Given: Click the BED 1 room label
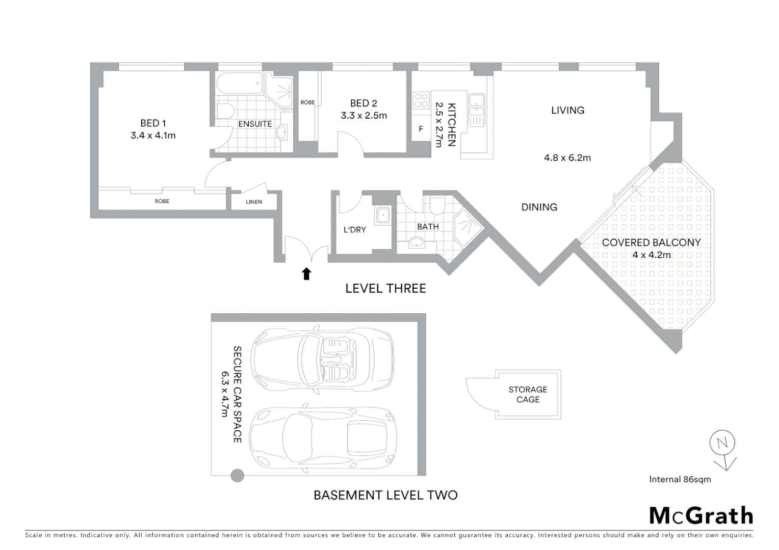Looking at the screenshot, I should (153, 123).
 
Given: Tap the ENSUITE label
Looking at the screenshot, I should (255, 124).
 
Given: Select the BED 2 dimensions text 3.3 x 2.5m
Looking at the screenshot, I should (363, 116).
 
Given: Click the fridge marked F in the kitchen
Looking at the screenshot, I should (421, 129).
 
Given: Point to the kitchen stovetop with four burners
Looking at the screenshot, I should (422, 100).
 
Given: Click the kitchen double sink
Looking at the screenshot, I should (477, 105).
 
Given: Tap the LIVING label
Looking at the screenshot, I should (567, 110).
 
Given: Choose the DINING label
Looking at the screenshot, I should (539, 207).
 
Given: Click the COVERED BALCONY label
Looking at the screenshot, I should (651, 242).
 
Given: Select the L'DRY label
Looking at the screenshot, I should (354, 230).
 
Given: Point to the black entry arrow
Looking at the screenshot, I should (306, 274).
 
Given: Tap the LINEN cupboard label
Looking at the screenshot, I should (254, 202).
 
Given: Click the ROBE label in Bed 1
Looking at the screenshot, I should (162, 201).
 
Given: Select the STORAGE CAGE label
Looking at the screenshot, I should (528, 394).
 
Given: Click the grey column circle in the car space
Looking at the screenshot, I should (238, 476).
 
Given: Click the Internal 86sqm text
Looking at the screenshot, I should (680, 479).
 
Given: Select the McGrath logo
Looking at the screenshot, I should (701, 516).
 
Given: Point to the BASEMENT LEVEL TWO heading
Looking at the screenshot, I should (385, 495).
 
